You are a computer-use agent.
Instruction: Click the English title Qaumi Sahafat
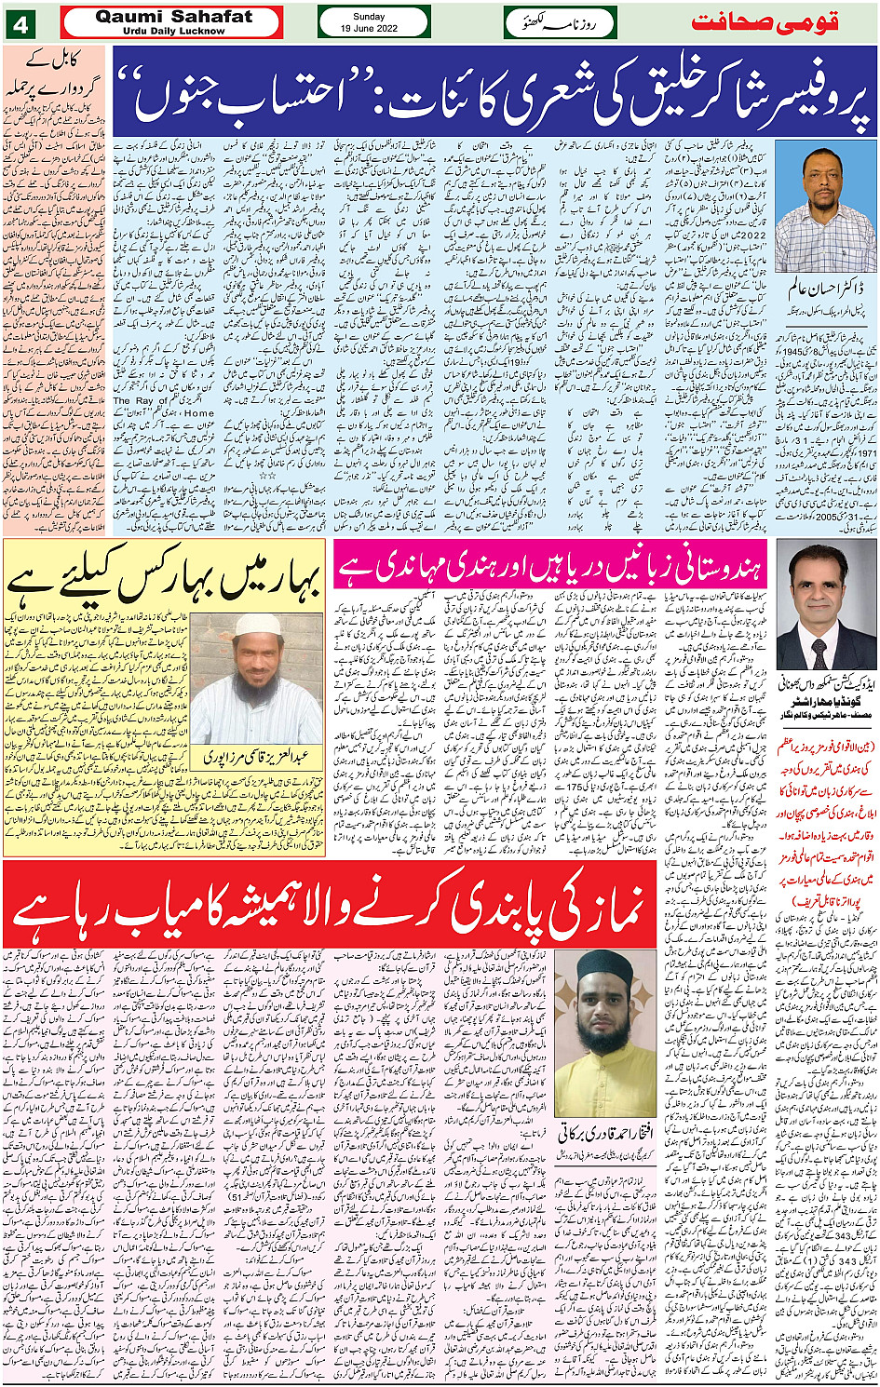[x=173, y=17]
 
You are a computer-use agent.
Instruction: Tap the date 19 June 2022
[x=373, y=29]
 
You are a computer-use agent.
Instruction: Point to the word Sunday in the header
[x=373, y=16]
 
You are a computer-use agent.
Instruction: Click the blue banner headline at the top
[x=494, y=91]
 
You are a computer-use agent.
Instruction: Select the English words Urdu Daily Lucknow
[x=173, y=31]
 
